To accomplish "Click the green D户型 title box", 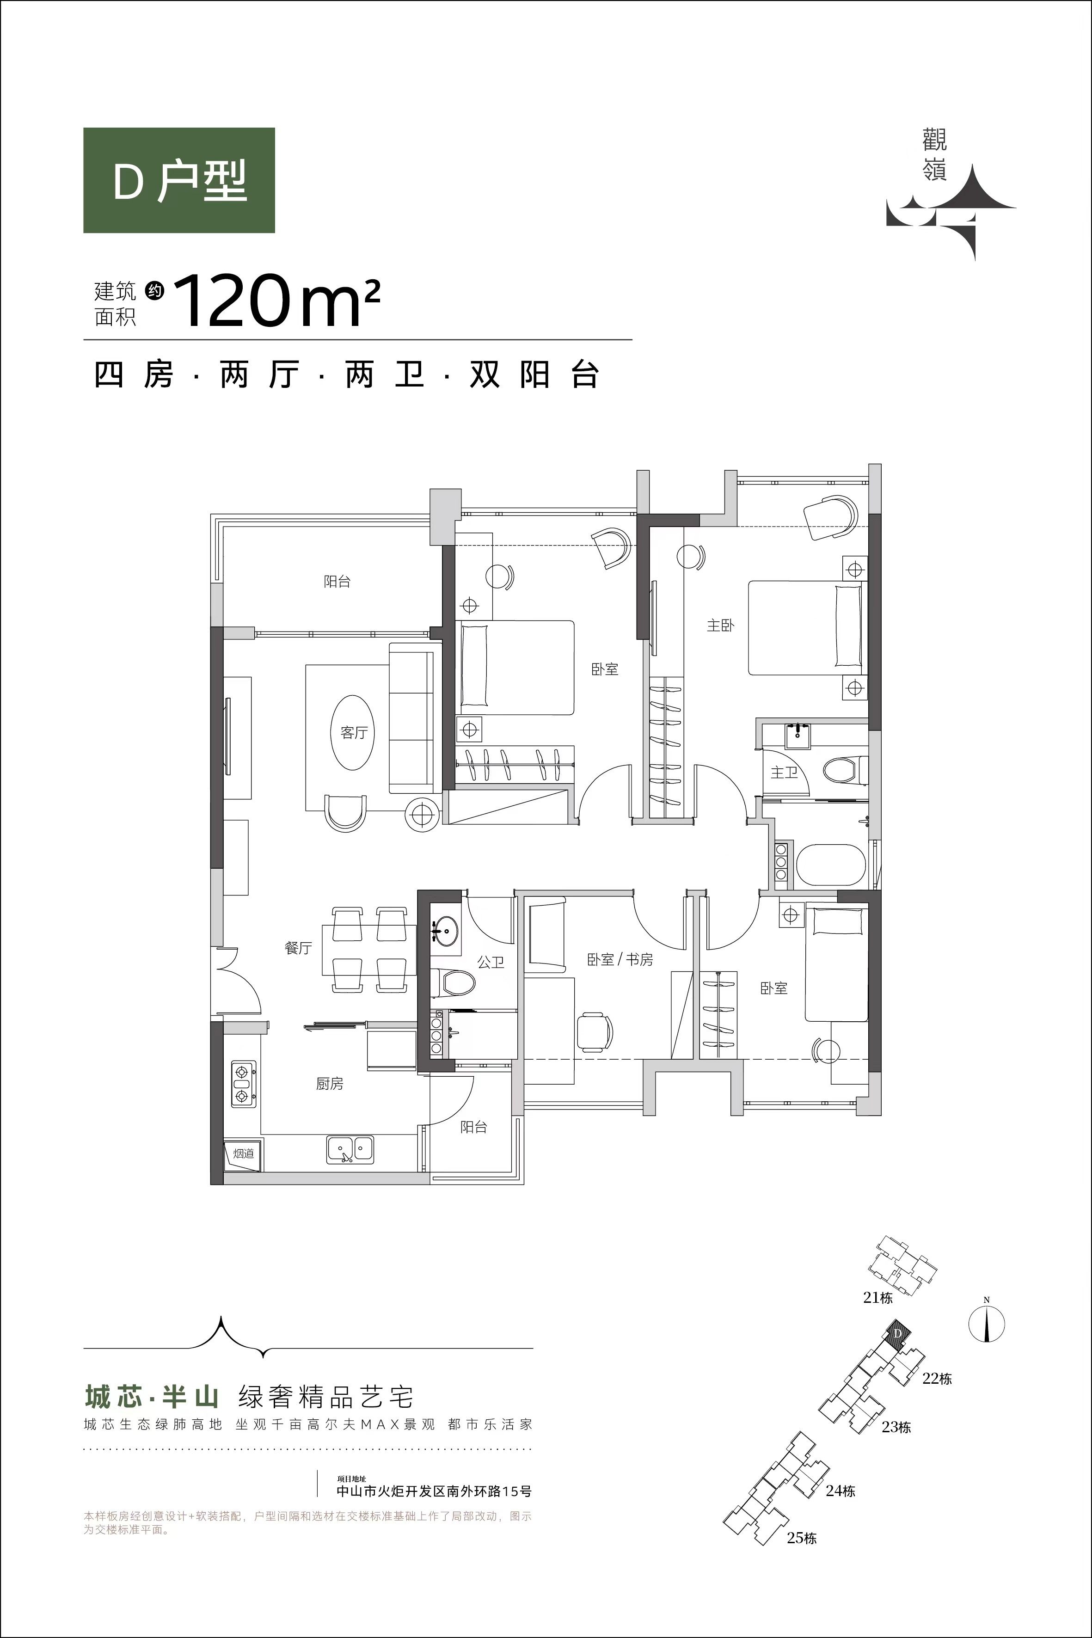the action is click(x=179, y=180).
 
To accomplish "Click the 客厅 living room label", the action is click(x=354, y=733).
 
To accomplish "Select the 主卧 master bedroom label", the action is click(x=721, y=626).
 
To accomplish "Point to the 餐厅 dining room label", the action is click(x=298, y=948).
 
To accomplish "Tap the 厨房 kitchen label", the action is click(x=330, y=1084).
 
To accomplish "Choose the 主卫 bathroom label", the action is click(x=784, y=773).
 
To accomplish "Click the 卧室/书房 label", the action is click(x=620, y=960).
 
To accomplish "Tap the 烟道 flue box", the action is click(x=243, y=1154).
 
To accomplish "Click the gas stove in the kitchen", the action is click(x=243, y=1084).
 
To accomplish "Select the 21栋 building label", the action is click(x=877, y=1297).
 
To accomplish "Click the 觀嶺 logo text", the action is click(x=935, y=157).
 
